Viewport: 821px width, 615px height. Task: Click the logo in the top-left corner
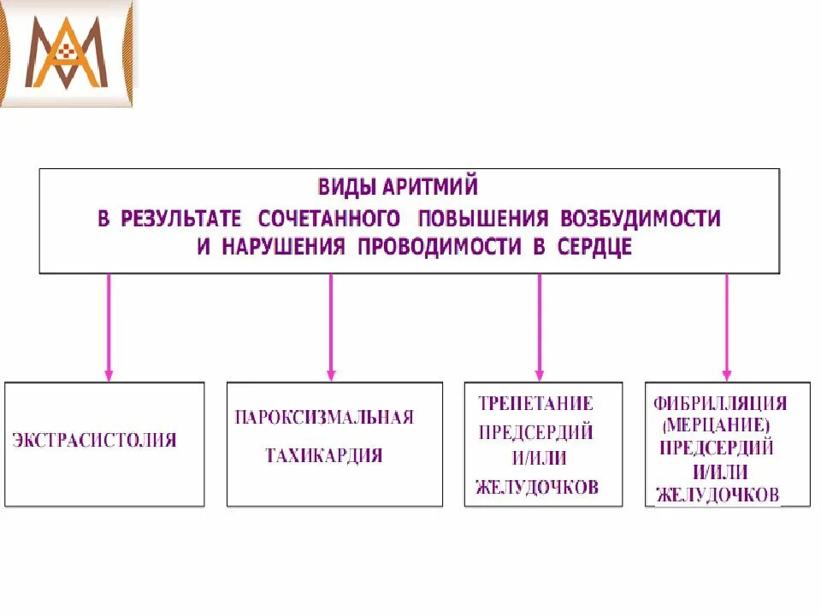(x=67, y=53)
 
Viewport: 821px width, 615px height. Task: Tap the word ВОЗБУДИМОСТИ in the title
(x=641, y=218)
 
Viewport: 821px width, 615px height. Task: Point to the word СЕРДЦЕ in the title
(x=591, y=248)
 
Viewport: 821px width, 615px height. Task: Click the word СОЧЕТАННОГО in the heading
(x=329, y=218)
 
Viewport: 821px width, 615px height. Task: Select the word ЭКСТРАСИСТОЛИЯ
(x=95, y=441)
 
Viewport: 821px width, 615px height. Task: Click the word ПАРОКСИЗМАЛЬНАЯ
(x=324, y=418)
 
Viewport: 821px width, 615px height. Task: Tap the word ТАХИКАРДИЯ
(x=324, y=455)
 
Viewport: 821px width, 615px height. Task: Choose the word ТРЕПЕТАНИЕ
(x=535, y=403)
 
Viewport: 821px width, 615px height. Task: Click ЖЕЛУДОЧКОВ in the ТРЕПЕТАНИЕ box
(x=537, y=488)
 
